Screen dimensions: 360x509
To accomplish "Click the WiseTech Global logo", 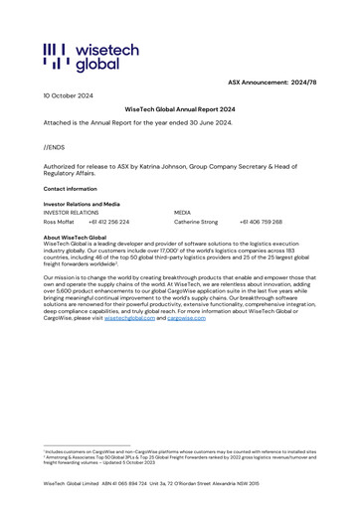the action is click(82, 57).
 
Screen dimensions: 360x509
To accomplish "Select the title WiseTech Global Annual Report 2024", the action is click(179, 108).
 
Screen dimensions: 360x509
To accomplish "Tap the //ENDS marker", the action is click(55, 146).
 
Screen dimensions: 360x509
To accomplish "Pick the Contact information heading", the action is click(70, 188).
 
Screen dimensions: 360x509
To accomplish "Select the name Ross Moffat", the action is click(59, 222).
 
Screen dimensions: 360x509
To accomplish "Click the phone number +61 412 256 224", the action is click(108, 222).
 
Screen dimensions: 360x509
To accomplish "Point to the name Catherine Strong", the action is click(196, 222).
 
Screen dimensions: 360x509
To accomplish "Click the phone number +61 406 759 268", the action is click(261, 222).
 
